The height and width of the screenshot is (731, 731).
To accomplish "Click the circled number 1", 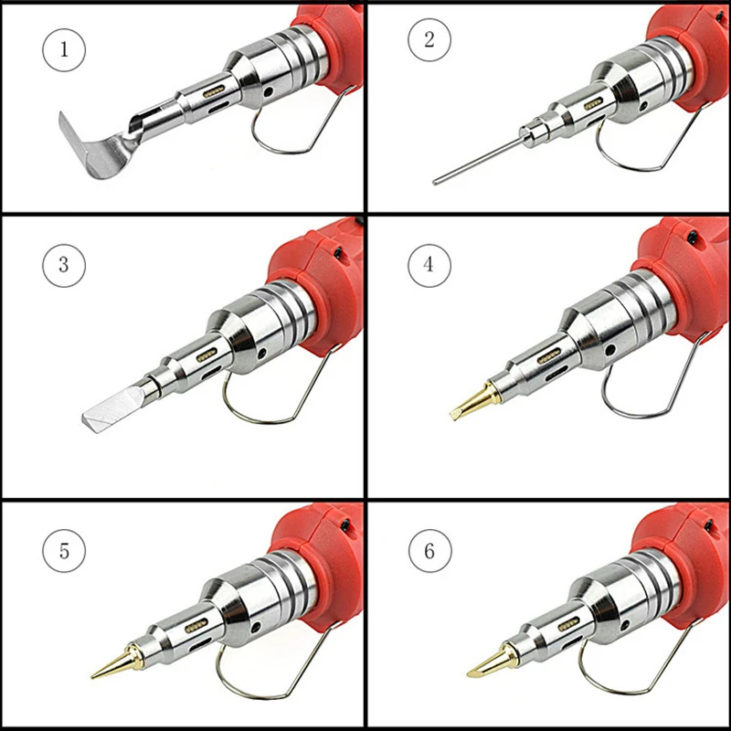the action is (64, 49).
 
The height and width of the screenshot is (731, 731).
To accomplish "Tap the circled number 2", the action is (429, 39).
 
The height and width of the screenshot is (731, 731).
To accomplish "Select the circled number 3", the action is (64, 265).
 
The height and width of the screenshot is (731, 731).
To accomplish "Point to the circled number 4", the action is (429, 265).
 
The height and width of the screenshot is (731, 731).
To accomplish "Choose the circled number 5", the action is (64, 551).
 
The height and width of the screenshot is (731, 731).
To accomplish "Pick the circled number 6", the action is (429, 551).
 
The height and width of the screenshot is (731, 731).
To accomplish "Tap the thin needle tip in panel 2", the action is (476, 161).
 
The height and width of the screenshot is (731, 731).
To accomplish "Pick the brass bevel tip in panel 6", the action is (493, 661).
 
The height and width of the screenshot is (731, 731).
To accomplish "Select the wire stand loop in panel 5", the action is (261, 698).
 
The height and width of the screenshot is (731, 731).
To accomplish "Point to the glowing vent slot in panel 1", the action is (214, 91).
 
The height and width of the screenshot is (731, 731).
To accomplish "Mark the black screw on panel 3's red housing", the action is (337, 253).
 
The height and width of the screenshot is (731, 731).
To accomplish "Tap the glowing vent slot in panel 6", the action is (568, 624).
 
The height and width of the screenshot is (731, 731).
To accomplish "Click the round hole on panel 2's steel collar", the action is (643, 106).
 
